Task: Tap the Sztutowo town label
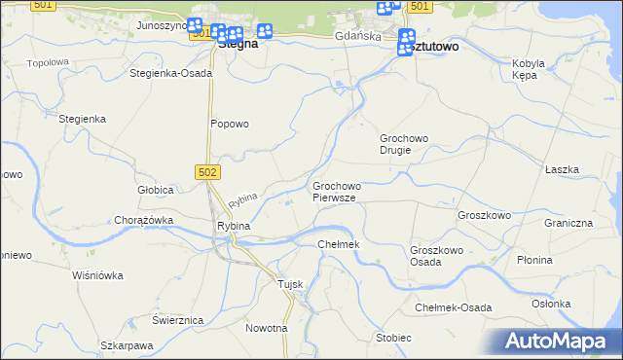[431, 46]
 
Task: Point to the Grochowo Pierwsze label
[336, 192]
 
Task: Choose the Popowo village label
[231, 124]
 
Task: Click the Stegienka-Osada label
[170, 73]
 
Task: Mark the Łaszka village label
[563, 169]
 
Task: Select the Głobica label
[155, 190]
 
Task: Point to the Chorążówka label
[143, 220]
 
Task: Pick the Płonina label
[534, 260]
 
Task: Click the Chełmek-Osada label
[454, 307]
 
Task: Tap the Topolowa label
[48, 62]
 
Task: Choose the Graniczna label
[568, 223]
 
